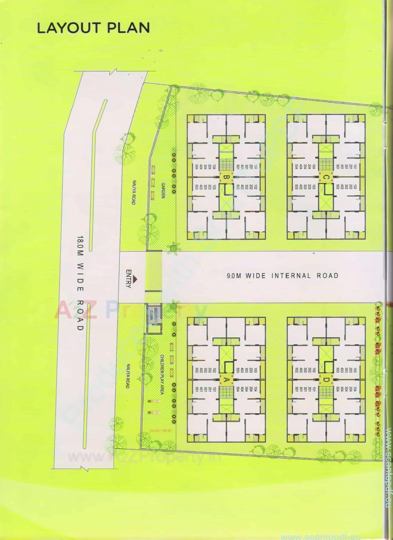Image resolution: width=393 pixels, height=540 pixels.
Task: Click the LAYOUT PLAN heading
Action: [93, 28]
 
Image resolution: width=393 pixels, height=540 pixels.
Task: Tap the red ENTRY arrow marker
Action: [135, 279]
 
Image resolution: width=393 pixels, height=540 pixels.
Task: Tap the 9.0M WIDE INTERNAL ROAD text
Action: [282, 275]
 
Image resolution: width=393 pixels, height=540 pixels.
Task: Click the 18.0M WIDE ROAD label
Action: [80, 283]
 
